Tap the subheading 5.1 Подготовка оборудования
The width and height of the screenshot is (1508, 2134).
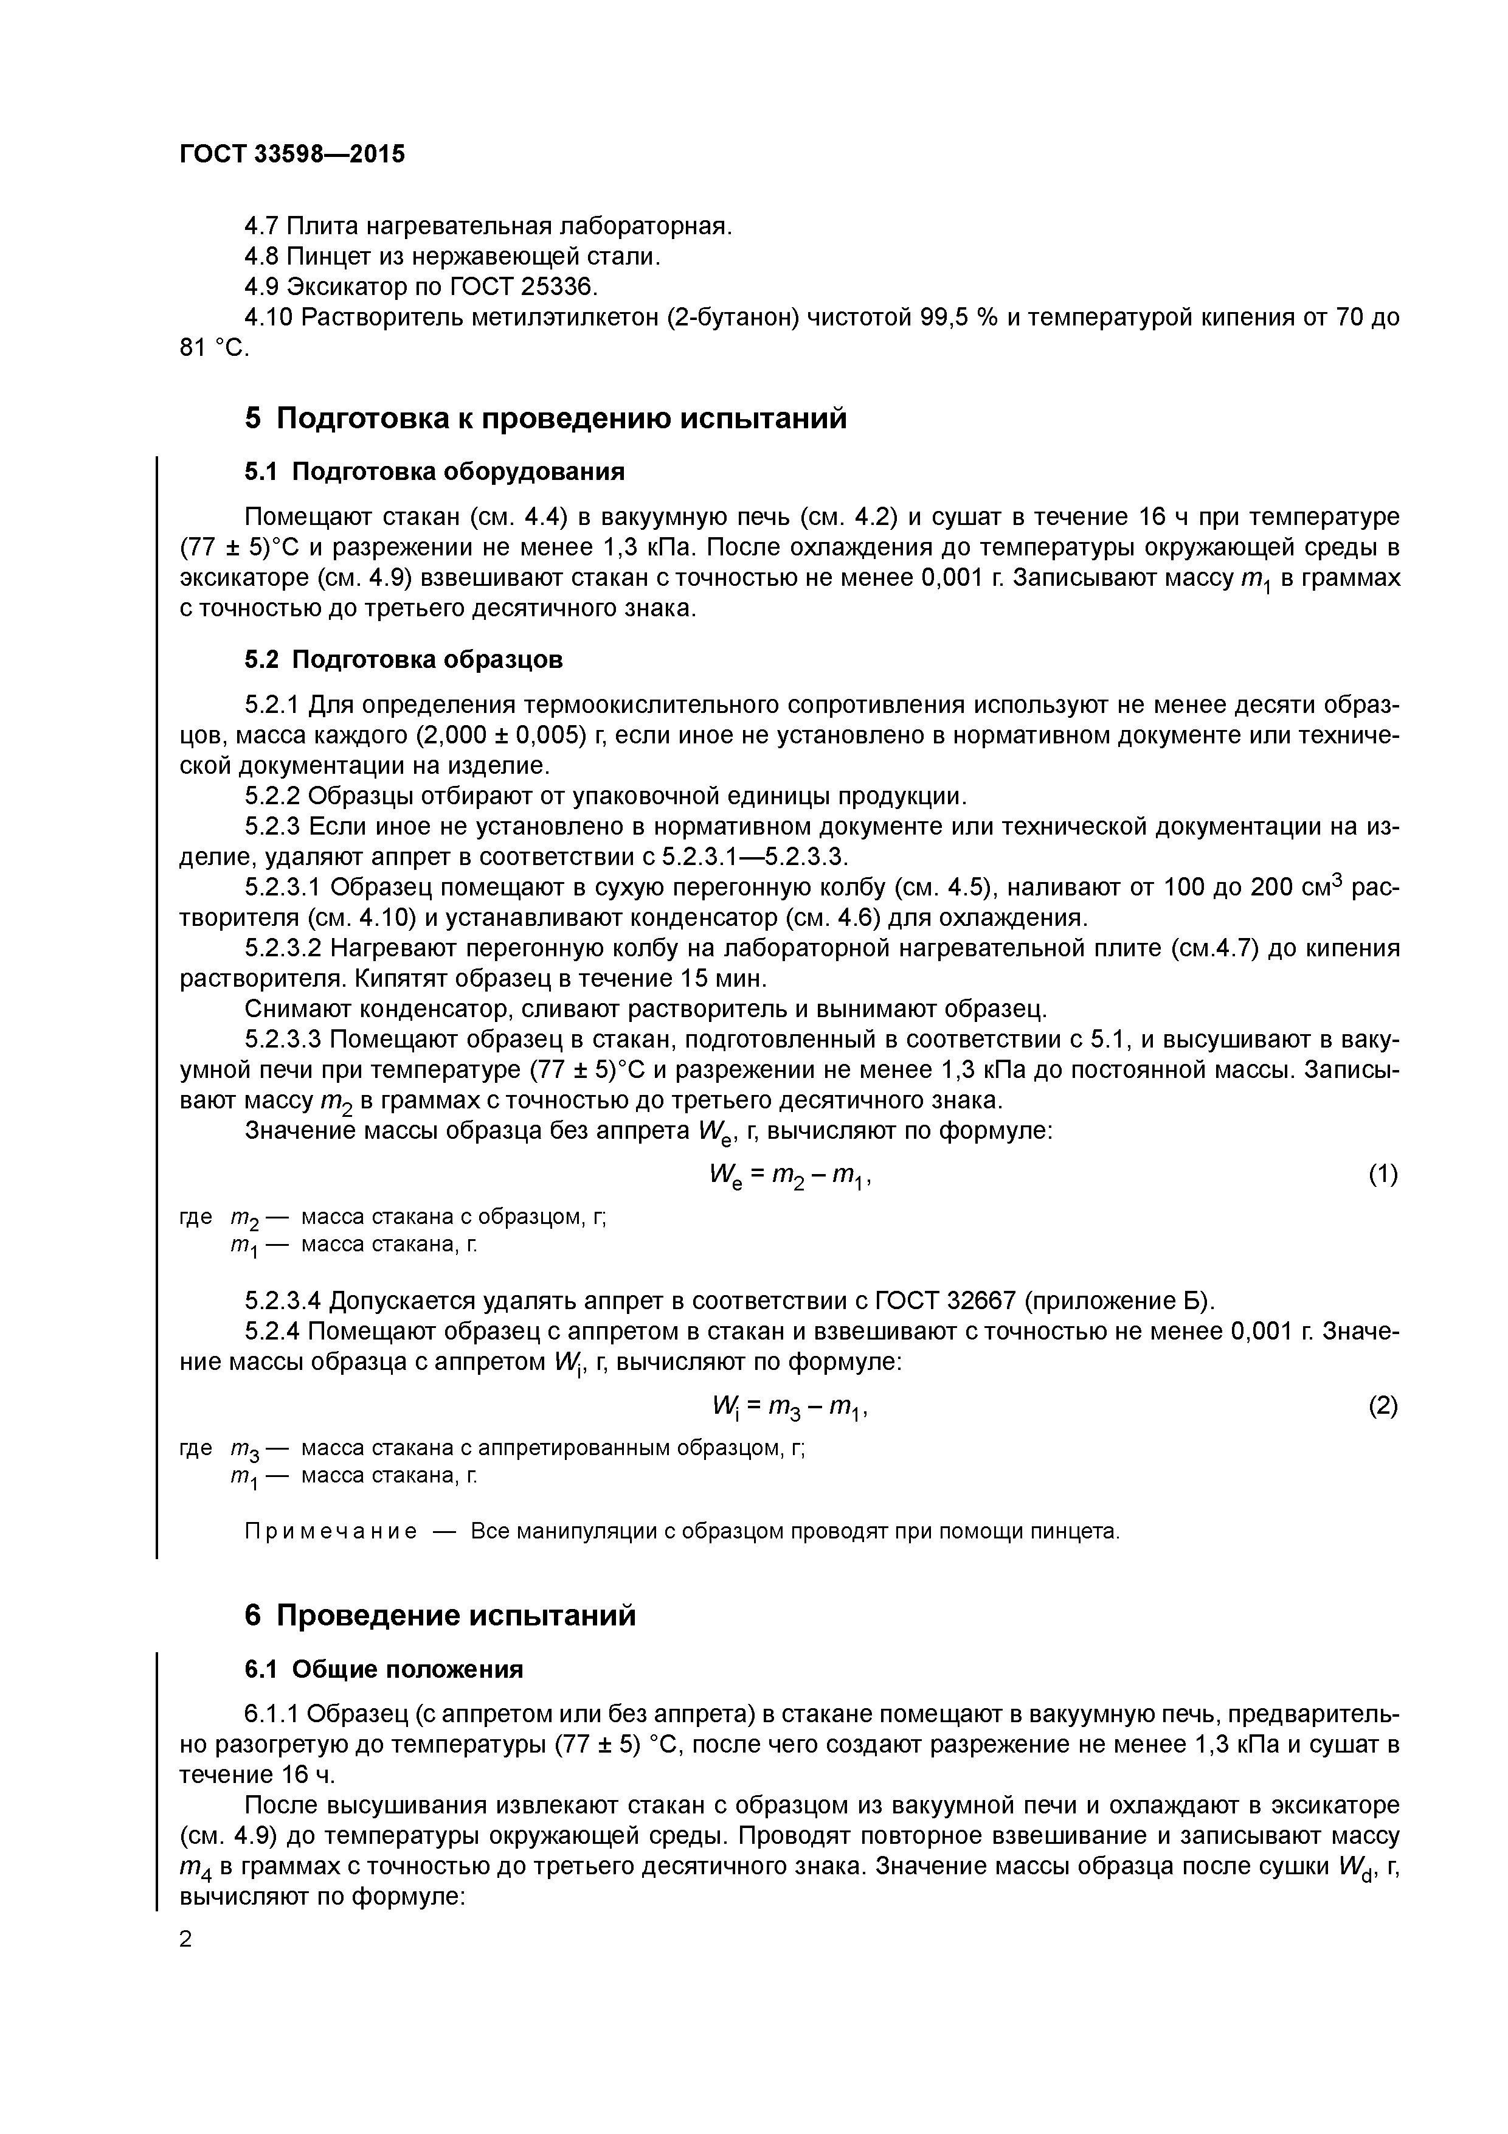click(434, 472)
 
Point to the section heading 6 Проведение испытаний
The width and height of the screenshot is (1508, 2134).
click(440, 1615)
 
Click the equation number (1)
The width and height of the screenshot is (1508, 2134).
click(1383, 1176)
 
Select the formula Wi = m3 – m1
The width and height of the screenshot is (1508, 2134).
click(790, 1408)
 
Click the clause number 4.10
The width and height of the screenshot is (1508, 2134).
click(269, 318)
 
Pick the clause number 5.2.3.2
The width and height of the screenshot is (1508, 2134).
click(283, 949)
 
